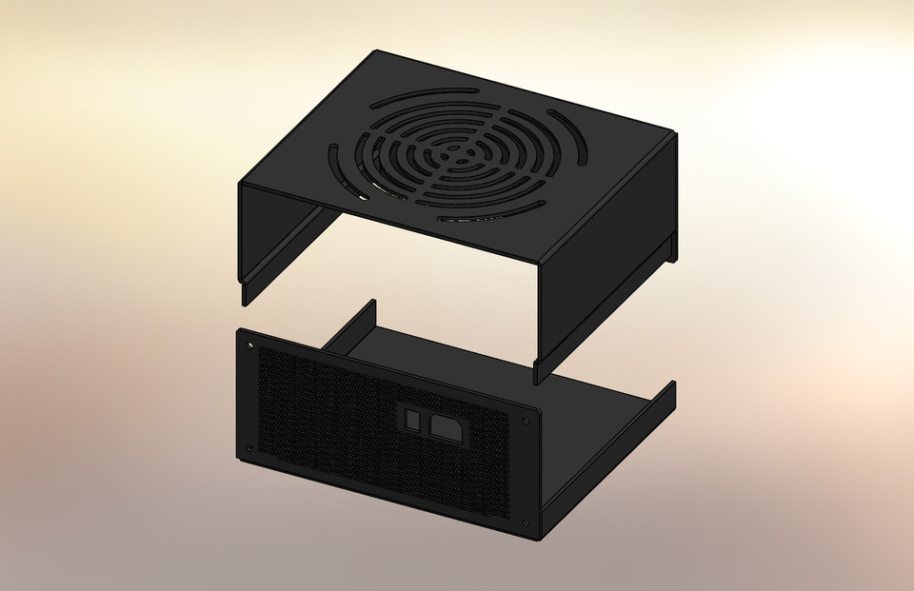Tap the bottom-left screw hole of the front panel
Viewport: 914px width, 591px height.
pos(250,446)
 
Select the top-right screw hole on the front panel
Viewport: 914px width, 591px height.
pos(527,419)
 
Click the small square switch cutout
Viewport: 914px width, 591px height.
pos(410,420)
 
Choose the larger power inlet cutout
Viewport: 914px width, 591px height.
pos(447,429)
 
